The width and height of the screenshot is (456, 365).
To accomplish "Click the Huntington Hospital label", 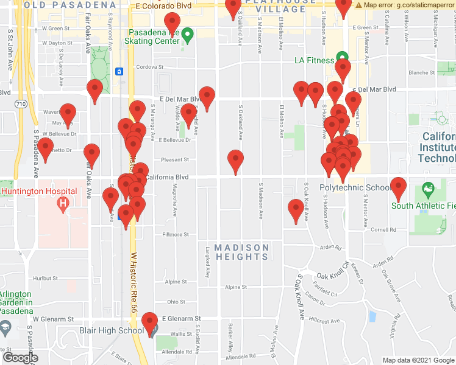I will coord(39,191).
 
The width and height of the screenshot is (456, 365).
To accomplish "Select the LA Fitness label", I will coord(314,60).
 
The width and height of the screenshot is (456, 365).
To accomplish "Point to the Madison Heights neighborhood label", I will coord(242,252).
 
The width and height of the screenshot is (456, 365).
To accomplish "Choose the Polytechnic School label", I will coord(355,187).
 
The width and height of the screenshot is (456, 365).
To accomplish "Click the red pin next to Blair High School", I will coord(149,322).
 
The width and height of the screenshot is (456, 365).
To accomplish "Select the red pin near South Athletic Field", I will coord(399,188).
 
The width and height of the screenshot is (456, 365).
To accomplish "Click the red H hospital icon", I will coord(62,205).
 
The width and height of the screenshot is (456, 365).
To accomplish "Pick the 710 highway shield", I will coord(21,104).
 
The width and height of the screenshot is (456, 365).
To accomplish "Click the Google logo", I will coord(21,357).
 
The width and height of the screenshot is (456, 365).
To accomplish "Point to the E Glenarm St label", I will coord(181,319).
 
